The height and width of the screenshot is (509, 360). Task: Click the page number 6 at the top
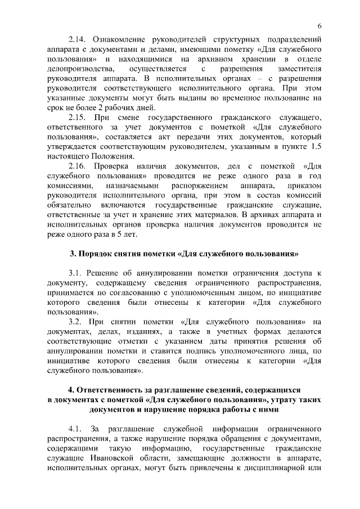click(x=319, y=26)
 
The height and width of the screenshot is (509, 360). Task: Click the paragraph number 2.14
click(x=77, y=40)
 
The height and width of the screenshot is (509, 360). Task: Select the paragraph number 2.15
click(x=77, y=117)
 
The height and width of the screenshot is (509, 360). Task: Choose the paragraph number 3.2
click(x=75, y=321)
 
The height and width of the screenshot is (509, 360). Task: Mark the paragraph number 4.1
click(x=75, y=427)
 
